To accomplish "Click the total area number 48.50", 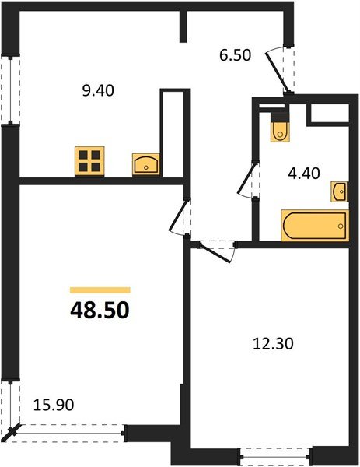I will [x=100, y=311].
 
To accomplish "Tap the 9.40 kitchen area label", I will [x=100, y=90].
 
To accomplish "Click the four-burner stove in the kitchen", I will [x=89, y=161].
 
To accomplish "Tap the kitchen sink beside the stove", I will [x=146, y=164].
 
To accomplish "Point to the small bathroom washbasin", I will [x=340, y=191].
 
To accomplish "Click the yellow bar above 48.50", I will [x=100, y=290].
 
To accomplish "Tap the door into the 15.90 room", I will [x=181, y=217].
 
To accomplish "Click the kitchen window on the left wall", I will [x=9, y=90].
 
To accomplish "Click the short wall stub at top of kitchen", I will [x=183, y=26].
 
